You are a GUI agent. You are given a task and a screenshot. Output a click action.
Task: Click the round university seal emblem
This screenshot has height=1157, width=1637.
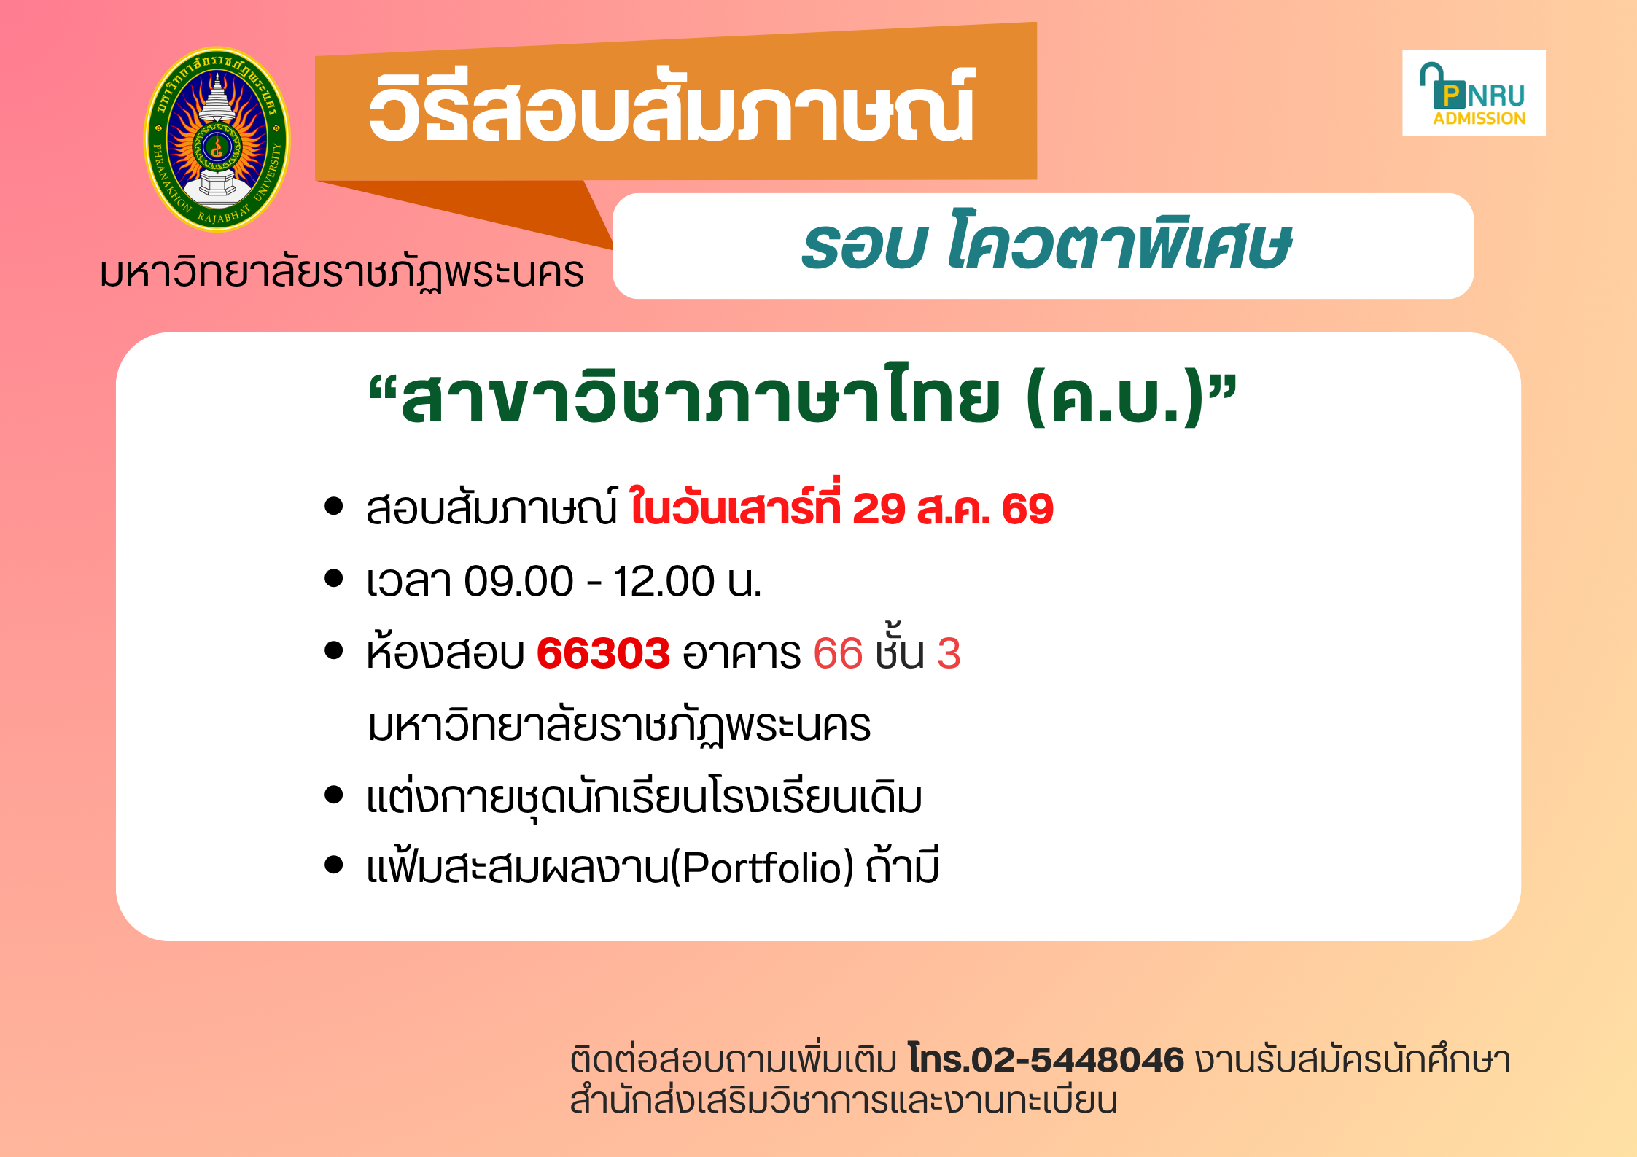(217, 139)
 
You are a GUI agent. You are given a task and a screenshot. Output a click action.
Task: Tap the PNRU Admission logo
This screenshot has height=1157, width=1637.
(1474, 93)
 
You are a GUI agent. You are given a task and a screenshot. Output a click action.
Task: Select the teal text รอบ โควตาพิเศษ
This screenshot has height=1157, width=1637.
(1046, 244)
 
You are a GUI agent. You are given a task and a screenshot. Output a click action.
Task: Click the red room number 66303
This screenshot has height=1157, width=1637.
(603, 652)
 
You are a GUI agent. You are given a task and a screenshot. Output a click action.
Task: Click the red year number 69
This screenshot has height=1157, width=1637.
(1027, 509)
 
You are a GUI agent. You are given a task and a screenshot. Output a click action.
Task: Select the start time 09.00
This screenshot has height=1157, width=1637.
(518, 581)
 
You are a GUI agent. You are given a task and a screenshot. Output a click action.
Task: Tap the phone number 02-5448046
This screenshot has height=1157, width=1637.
(1078, 1059)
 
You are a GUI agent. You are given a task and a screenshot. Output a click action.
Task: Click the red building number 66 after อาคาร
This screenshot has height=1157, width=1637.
(838, 653)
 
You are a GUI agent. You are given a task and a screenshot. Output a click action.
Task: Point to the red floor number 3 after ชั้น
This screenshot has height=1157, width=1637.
(949, 653)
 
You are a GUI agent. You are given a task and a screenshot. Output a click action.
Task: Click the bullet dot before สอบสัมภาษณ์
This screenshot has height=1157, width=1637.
(334, 507)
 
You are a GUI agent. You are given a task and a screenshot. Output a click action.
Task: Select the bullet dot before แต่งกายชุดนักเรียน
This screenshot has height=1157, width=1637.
(334, 795)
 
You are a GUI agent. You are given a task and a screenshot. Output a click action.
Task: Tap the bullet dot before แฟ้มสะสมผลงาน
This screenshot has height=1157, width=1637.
(334, 865)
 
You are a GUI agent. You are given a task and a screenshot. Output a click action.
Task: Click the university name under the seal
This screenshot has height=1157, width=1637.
(342, 273)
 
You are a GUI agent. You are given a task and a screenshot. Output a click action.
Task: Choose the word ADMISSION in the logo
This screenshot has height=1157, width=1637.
(1479, 118)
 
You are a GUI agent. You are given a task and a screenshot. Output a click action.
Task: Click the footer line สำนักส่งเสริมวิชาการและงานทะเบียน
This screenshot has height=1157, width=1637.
(844, 1101)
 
